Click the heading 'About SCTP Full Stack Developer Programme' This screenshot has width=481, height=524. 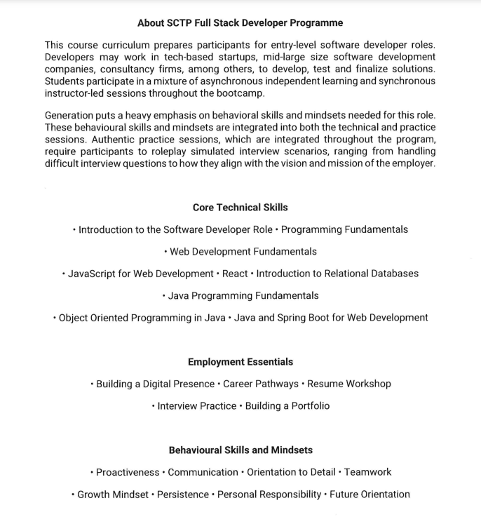pos(240,23)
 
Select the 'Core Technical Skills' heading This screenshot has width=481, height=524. pos(240,208)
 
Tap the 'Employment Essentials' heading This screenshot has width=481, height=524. pos(240,362)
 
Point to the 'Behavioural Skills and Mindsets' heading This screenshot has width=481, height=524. pos(240,450)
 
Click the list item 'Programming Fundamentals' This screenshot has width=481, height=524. pos(344,229)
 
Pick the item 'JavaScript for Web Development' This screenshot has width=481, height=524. pos(140,274)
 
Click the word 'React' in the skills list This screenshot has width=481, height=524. pos(235,274)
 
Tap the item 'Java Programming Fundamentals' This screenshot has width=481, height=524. pos(243,295)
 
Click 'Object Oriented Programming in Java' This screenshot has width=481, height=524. pos(142,318)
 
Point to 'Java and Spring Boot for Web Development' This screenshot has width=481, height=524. pos(331,318)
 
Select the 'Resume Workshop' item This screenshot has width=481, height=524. pos(349,384)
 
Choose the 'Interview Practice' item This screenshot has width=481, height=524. pos(197,406)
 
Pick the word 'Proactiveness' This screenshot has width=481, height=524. pos(128,472)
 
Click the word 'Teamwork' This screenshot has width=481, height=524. pos(367,472)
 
